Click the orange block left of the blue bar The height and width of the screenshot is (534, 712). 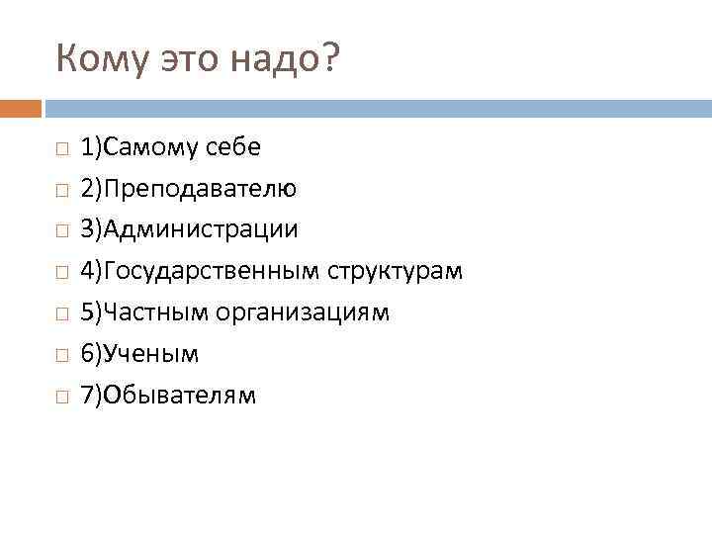click(x=21, y=108)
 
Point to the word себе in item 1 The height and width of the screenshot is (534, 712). click(x=234, y=148)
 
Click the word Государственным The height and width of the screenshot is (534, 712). click(x=213, y=271)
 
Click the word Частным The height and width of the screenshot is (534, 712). click(x=165, y=312)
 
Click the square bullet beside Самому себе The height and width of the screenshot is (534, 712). click(x=61, y=148)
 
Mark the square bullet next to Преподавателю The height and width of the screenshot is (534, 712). click(x=61, y=190)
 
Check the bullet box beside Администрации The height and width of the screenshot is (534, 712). click(x=61, y=231)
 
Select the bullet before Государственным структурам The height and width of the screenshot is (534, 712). click(x=61, y=272)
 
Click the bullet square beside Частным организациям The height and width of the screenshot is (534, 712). click(x=61, y=313)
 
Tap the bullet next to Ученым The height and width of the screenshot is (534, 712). click(x=61, y=355)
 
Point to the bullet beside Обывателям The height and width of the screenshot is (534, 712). click(x=61, y=397)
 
